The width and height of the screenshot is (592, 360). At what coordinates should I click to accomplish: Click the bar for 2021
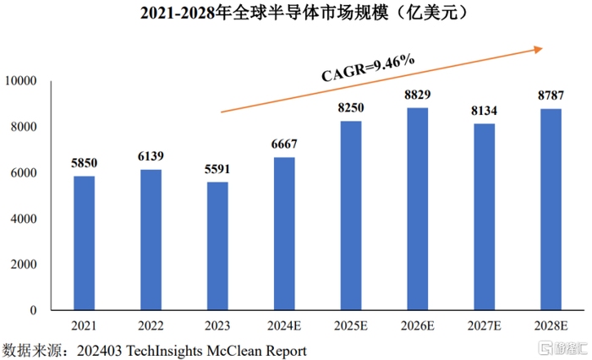[x=84, y=243]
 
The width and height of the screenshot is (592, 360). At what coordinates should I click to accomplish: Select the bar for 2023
[x=217, y=246]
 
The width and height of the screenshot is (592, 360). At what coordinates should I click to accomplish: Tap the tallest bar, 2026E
[x=418, y=209]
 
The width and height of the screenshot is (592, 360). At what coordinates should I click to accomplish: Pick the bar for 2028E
[x=551, y=210]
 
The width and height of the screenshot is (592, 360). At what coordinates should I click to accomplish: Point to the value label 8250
[x=351, y=109]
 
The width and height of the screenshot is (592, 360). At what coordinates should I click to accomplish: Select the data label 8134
[x=484, y=112]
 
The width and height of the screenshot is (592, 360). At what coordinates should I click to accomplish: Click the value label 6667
[x=284, y=145]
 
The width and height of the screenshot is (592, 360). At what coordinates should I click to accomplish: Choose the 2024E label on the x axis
[x=284, y=326]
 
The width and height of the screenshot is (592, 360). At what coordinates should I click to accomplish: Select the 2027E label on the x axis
[x=484, y=326]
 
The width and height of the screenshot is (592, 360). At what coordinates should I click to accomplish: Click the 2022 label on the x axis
[x=151, y=326]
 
